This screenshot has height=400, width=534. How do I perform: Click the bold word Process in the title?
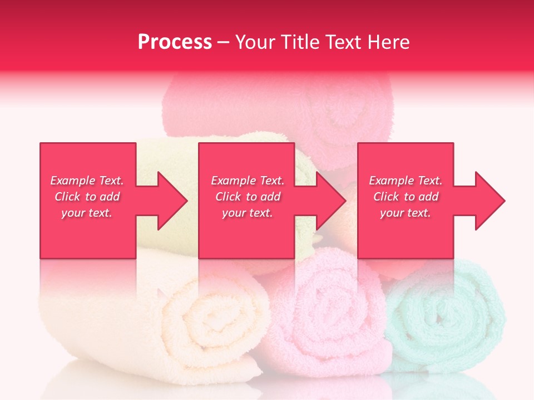tap(175, 42)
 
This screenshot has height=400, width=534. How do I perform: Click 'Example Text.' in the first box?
tap(87, 181)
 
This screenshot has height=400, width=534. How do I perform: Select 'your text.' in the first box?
tap(87, 213)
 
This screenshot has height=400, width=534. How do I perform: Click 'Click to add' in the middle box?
tap(248, 197)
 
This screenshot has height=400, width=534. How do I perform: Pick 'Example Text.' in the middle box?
tap(248, 181)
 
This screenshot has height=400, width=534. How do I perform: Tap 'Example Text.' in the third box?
tap(406, 181)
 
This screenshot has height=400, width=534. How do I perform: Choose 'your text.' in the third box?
tap(406, 213)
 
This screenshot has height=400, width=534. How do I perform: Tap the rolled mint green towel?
tap(445, 322)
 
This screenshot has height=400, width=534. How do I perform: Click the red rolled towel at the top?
tap(278, 106)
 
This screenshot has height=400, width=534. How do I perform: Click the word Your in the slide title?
tap(255, 42)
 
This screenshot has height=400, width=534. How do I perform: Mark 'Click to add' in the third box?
tap(406, 197)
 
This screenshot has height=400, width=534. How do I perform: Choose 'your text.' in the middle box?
tap(248, 213)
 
